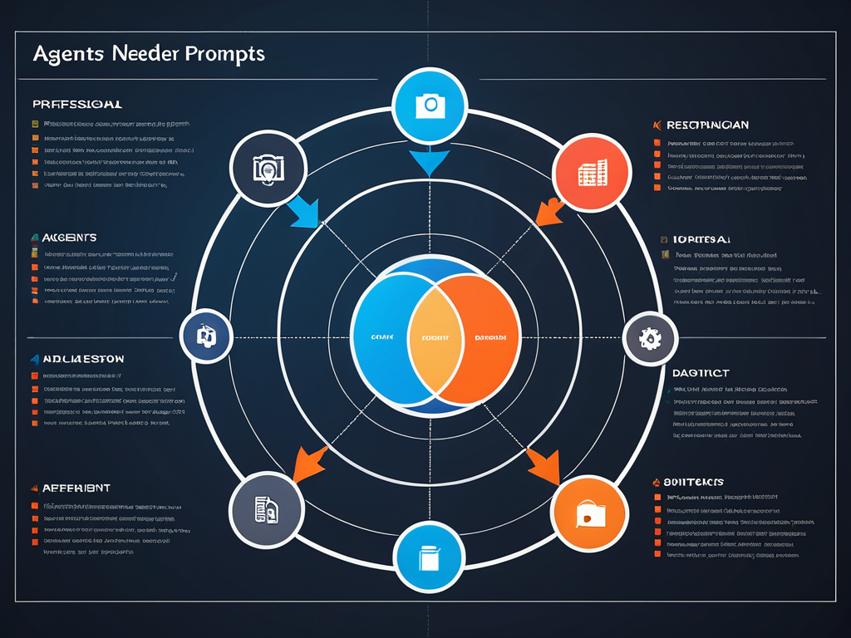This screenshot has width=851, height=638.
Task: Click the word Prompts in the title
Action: pyautogui.click(x=226, y=54)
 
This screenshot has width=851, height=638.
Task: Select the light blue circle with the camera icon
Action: pyautogui.click(x=430, y=105)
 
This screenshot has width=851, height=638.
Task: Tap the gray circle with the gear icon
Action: pyautogui.click(x=647, y=338)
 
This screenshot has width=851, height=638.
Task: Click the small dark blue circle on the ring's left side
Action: pyautogui.click(x=205, y=336)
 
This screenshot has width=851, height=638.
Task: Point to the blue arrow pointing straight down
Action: pyautogui.click(x=430, y=161)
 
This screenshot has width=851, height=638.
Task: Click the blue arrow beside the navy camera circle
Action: pyautogui.click(x=304, y=213)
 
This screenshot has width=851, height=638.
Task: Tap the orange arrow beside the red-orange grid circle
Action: pyautogui.click(x=550, y=211)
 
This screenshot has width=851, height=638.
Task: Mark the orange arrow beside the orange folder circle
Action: pyautogui.click(x=544, y=465)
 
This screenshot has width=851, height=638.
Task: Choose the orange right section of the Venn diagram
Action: pyautogui.click(x=490, y=337)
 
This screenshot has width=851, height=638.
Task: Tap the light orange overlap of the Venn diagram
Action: pyautogui.click(x=435, y=337)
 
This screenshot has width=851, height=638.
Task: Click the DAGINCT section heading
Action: pyautogui.click(x=700, y=374)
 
